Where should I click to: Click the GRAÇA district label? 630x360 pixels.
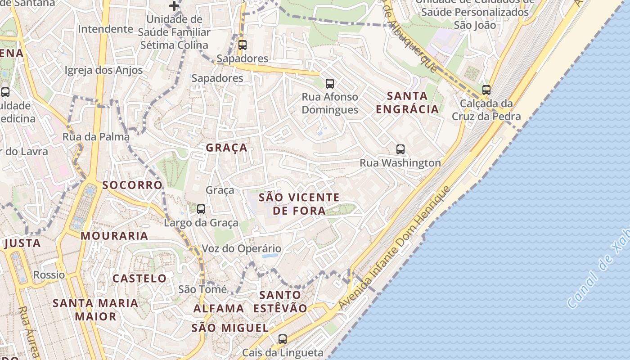(x=227, y=148)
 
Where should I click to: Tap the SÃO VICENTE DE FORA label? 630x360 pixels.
(x=299, y=204)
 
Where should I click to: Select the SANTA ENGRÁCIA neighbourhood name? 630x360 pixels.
(x=407, y=103)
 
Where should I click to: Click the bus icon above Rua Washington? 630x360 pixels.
(x=400, y=149)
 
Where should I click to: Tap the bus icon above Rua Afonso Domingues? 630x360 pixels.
(x=330, y=83)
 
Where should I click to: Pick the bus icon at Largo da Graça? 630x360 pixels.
(x=201, y=209)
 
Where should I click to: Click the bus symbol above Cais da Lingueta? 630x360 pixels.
(x=283, y=339)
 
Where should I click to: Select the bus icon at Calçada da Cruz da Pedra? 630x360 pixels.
(x=486, y=90)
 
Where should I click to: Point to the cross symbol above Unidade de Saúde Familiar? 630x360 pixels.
(x=174, y=6)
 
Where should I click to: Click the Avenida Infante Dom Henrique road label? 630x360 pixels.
(x=394, y=247)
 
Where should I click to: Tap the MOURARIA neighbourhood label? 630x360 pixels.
(x=114, y=236)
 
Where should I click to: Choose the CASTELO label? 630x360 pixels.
(x=139, y=278)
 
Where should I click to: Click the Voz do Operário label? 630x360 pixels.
(x=241, y=248)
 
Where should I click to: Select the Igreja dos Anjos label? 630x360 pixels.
(x=103, y=70)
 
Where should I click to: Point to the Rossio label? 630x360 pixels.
(x=49, y=274)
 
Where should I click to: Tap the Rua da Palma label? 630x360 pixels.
(x=96, y=137)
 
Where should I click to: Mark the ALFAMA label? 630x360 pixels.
(x=219, y=309)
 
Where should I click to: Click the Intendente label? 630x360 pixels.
(x=105, y=29)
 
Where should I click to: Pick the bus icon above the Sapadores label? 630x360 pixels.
(x=243, y=45)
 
